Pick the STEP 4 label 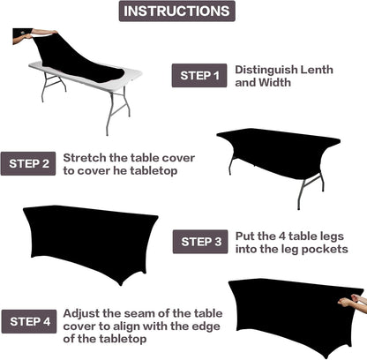(x=30, y=319)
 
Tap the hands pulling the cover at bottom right (x=351, y=301)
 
